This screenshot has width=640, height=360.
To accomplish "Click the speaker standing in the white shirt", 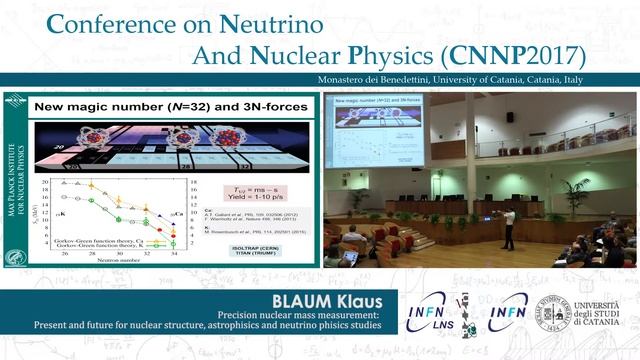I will coord(509,227).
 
